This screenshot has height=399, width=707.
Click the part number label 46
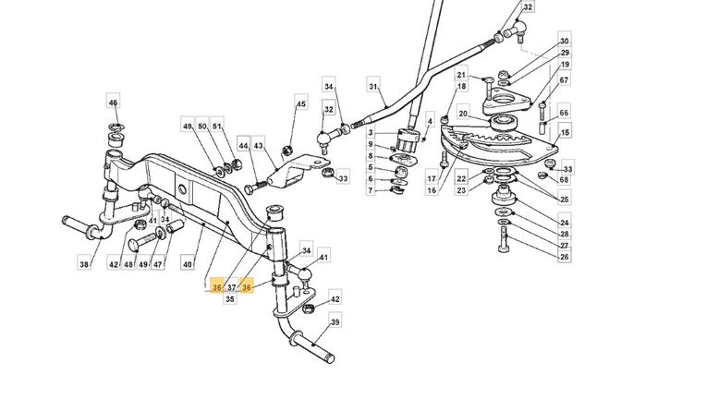coord(113,103)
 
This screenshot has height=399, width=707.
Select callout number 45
coord(300,105)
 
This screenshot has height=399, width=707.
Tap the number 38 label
coord(84,264)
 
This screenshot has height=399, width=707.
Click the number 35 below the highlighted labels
coord(229,300)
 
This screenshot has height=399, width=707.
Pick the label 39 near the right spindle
coord(335,321)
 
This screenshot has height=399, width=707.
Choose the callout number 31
coord(374,88)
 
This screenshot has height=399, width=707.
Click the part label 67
coord(564,80)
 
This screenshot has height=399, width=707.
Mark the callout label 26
coord(565,258)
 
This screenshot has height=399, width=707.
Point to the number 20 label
coord(463,115)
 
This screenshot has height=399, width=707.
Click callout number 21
coord(461,73)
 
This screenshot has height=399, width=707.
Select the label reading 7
coord(371,191)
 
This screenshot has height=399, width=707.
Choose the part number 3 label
coord(371,134)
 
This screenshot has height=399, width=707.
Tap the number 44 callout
coord(243,146)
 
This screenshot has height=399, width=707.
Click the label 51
coord(218,127)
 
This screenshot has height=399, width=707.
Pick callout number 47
coord(157,264)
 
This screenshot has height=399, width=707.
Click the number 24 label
coord(565,224)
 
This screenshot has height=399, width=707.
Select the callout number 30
coord(564,42)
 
